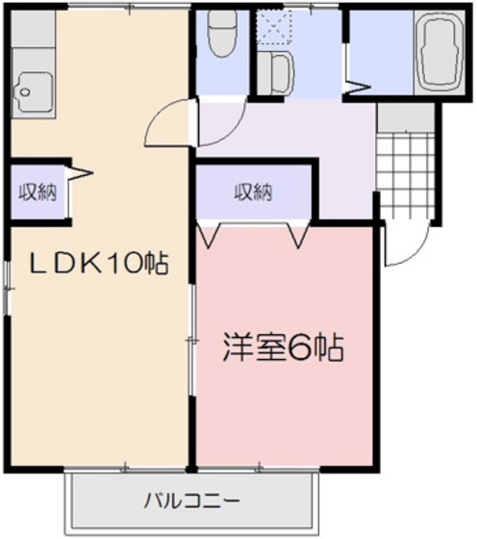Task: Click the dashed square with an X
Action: (277, 30)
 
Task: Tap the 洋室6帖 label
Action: (284, 346)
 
